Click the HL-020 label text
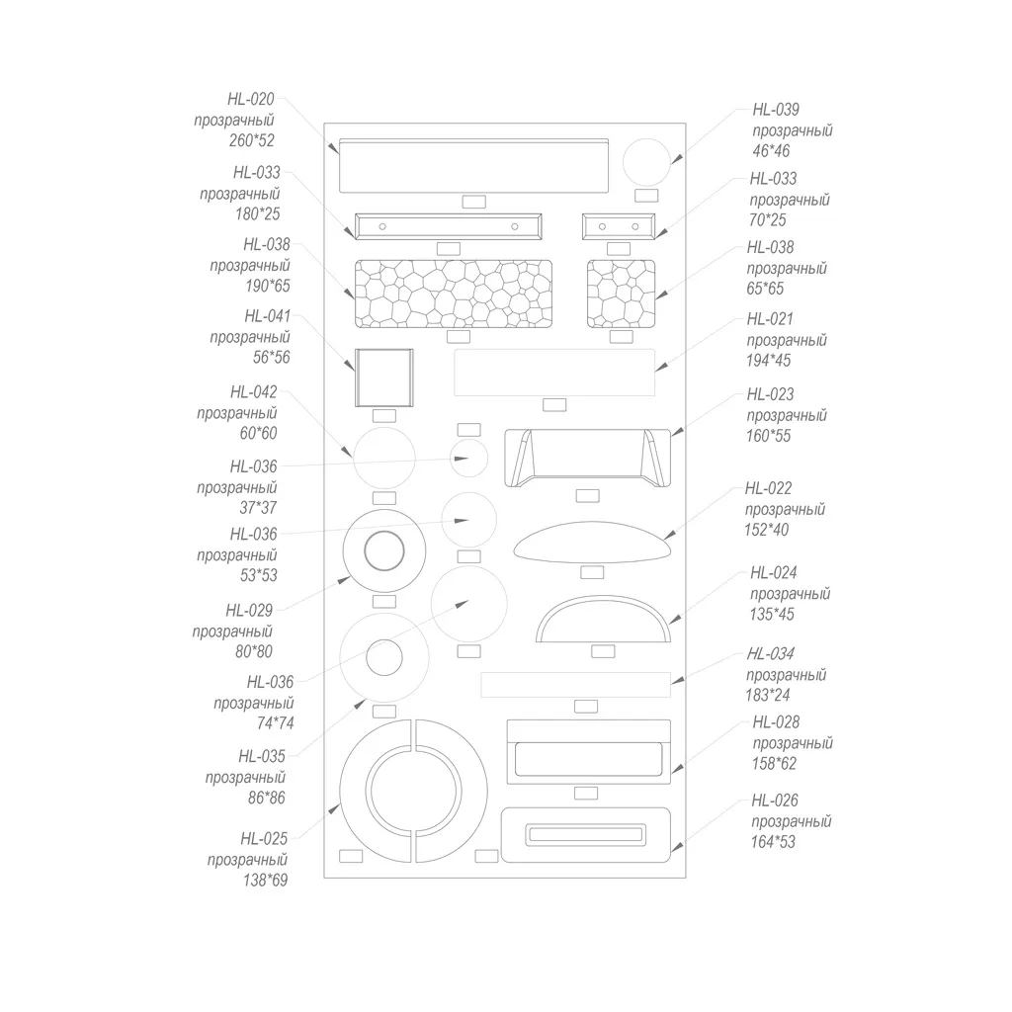250,100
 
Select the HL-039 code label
776,110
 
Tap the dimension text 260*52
252,140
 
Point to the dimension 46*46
771,151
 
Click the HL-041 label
267,316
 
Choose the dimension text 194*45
768,361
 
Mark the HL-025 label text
264,839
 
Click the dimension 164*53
773,842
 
